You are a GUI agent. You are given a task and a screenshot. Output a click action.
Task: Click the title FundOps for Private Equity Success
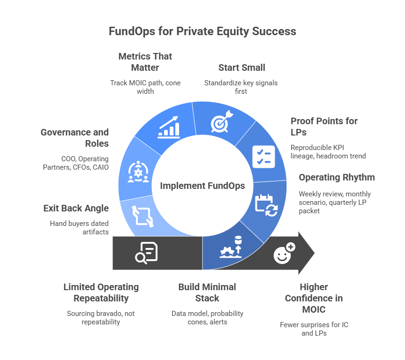202,31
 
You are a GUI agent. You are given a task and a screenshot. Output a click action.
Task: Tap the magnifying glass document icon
146,253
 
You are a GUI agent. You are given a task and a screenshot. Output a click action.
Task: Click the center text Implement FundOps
202,186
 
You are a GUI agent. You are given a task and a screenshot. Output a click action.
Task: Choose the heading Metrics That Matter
145,62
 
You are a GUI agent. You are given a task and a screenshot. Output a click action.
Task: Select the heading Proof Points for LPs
324,127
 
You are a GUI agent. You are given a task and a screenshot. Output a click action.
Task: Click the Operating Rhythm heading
337,178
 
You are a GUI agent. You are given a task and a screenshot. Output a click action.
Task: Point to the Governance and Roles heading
75,138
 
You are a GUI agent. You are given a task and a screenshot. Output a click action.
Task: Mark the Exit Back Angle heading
75,209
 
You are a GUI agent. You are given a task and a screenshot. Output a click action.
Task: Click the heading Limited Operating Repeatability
101,292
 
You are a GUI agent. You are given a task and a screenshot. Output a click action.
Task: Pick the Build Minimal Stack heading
207,292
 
